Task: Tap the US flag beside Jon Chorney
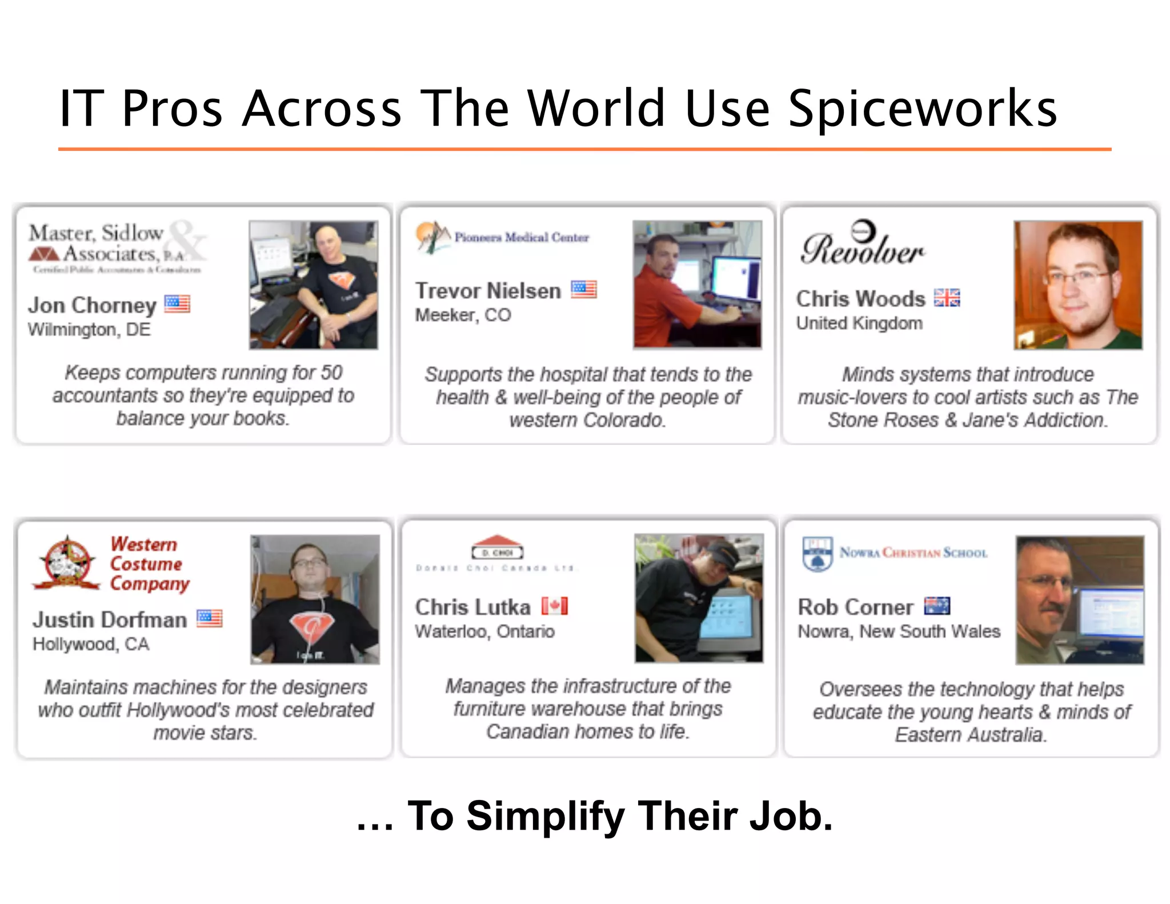(x=177, y=303)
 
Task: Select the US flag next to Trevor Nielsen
(x=584, y=290)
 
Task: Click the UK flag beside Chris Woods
(x=947, y=298)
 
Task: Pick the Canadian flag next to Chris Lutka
(x=555, y=606)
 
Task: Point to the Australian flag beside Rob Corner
(x=937, y=606)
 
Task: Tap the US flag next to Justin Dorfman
(x=210, y=618)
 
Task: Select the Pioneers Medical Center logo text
(x=522, y=237)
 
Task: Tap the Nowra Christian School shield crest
(x=818, y=553)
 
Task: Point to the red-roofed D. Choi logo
(x=498, y=547)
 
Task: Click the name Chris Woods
(x=860, y=299)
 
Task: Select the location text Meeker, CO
(x=463, y=315)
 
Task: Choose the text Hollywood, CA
(x=91, y=644)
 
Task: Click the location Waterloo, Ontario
(x=484, y=631)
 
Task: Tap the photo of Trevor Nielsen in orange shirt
(x=697, y=285)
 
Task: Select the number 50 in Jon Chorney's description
(x=331, y=373)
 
